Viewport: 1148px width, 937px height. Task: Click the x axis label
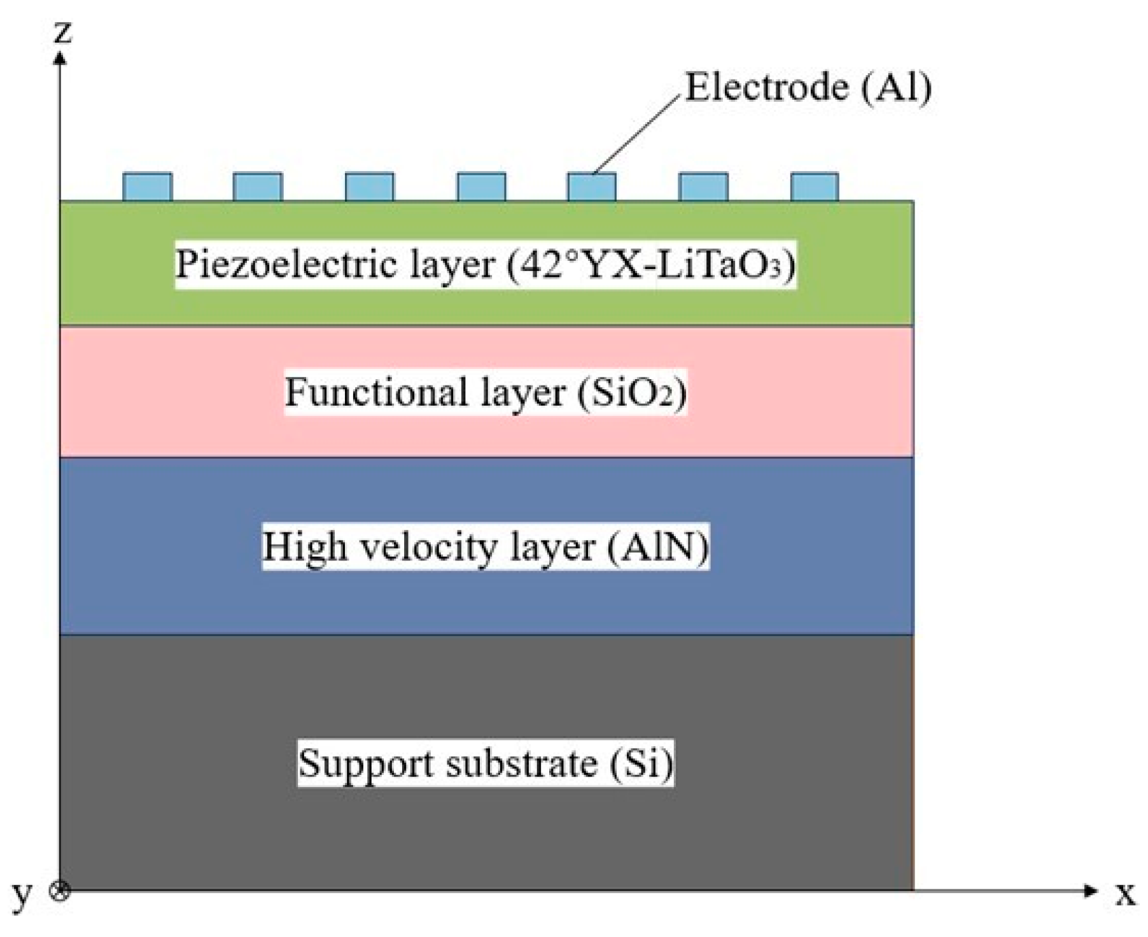coord(1125,893)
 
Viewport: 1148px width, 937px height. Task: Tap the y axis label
coord(22,894)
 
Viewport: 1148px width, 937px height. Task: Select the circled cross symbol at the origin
coord(60,891)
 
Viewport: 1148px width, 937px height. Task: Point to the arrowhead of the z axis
coord(60,59)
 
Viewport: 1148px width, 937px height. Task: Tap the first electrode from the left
coord(147,187)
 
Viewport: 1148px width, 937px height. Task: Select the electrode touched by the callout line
coord(592,187)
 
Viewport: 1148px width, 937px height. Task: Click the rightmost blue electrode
coord(815,187)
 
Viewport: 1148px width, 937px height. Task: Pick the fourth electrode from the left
coord(482,187)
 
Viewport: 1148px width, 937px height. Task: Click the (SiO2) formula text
coord(631,392)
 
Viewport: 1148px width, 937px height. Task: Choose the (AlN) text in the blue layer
coord(657,546)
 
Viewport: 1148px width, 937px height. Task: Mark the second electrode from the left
coord(258,187)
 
